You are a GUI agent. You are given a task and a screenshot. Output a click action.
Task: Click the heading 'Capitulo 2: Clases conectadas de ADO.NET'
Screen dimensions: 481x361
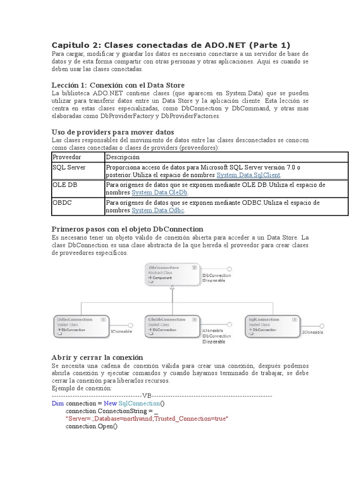(x=171, y=45)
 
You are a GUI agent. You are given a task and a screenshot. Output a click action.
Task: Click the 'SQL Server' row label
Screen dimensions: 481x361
(x=69, y=167)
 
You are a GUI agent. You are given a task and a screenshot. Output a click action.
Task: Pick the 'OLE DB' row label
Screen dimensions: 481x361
(x=65, y=185)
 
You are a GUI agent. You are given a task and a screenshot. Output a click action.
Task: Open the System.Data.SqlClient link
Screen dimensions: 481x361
(x=249, y=175)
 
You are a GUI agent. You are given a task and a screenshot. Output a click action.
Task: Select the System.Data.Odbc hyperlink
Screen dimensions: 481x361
(x=158, y=210)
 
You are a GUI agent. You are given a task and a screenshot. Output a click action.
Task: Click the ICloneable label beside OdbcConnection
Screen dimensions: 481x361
(x=121, y=332)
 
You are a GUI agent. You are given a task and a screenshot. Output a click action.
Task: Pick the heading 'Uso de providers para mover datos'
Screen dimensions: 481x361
(x=112, y=132)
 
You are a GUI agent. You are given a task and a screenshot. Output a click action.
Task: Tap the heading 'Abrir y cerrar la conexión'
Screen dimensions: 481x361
(x=96, y=357)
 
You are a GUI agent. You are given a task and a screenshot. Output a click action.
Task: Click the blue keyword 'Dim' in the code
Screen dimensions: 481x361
(x=57, y=403)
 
